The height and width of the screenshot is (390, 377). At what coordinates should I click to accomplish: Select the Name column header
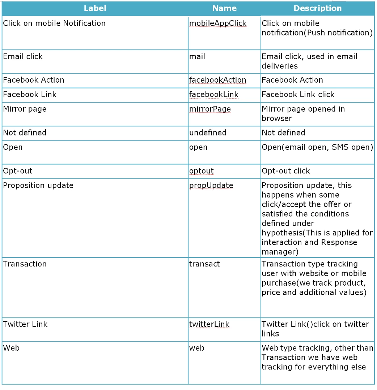tap(224, 8)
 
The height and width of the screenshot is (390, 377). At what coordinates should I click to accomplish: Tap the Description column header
tap(317, 8)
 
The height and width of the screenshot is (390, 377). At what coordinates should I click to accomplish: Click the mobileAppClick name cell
tap(218, 23)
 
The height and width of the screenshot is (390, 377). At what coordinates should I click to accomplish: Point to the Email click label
tap(23, 57)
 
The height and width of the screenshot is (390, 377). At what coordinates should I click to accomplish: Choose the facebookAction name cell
tap(217, 80)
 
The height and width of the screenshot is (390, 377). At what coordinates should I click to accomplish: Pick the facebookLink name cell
tap(214, 95)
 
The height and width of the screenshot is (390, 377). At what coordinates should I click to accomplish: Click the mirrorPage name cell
tap(210, 109)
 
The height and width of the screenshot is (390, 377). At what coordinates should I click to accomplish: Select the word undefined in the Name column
tap(208, 133)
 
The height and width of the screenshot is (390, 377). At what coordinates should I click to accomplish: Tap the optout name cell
tap(202, 171)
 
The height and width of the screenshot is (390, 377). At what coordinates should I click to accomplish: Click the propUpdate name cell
tap(211, 186)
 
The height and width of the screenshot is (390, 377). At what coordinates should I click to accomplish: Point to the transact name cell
tap(204, 264)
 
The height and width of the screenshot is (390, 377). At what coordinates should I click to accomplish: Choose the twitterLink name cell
tap(209, 324)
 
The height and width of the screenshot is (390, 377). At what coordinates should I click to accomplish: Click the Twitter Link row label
tap(25, 324)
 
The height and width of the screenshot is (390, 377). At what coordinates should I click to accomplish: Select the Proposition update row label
tap(38, 186)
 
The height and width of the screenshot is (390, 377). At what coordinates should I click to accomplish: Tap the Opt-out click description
tap(286, 171)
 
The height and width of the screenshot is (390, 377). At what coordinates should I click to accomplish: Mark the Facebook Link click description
tap(298, 95)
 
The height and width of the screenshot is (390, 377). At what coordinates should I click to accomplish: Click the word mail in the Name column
tap(197, 57)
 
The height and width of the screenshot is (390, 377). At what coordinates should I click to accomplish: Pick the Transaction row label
tap(25, 264)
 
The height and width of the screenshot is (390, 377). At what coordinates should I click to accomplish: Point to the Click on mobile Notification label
tap(54, 23)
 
